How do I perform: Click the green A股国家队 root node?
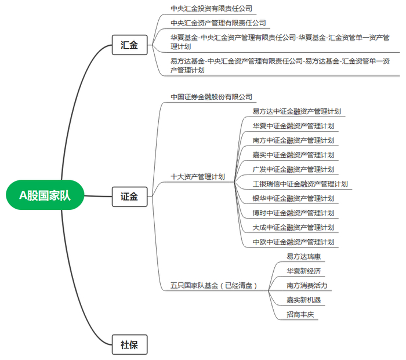coord(45,196)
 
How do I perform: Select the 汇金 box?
coord(129,45)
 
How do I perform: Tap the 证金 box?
coord(129,197)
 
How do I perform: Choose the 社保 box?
coord(129,344)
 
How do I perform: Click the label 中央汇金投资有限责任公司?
coord(212,9)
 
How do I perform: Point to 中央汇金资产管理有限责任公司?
coord(218,23)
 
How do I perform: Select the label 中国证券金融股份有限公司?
coord(212,96)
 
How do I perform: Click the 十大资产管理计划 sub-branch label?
coord(198,176)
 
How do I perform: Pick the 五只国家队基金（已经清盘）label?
coord(213,285)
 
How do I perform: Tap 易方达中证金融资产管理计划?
coord(296,111)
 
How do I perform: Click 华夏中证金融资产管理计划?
coord(293,126)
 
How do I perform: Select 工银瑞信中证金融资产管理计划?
coord(300,184)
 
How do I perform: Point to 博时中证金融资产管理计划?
coord(293,213)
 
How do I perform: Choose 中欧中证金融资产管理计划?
coord(293,242)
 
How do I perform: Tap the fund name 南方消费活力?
coord(307,285)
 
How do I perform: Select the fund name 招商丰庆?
coord(300,314)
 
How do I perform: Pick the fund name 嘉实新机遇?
coord(303,300)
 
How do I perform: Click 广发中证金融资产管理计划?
coord(293,169)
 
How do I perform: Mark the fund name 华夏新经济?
coord(303,271)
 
